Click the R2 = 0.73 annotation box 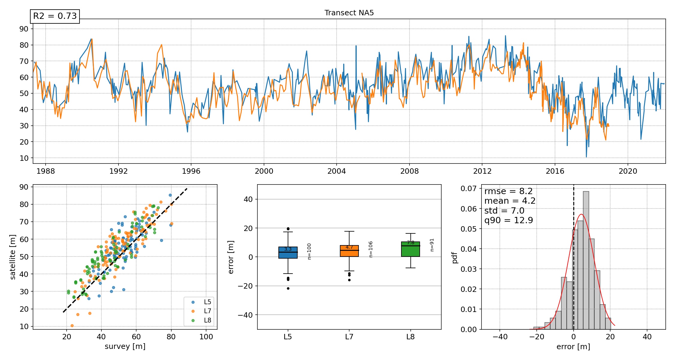(55, 16)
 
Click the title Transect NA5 (349, 13)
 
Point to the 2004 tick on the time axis (336, 171)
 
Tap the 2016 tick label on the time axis (555, 171)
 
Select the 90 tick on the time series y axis (24, 29)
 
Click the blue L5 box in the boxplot (288, 253)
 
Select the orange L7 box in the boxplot (349, 251)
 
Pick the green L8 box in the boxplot (410, 249)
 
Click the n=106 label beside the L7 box (371, 249)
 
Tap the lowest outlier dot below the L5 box (288, 288)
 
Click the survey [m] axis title (125, 346)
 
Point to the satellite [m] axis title (13, 257)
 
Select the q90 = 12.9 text (508, 220)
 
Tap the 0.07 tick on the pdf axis (468, 189)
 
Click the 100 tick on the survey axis (206, 337)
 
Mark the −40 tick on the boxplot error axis (245, 315)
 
